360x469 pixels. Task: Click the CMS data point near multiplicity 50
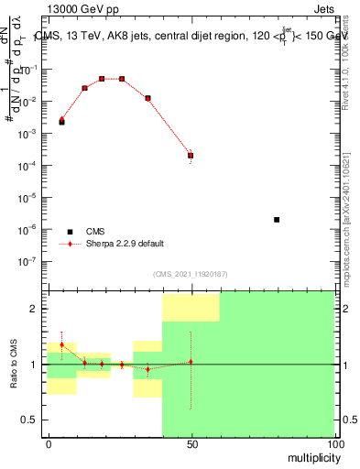click(191, 156)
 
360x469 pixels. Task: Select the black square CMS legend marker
click(68, 231)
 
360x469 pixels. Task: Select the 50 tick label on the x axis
click(191, 442)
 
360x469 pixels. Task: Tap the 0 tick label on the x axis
click(49, 442)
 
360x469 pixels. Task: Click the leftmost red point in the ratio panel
click(61, 344)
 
